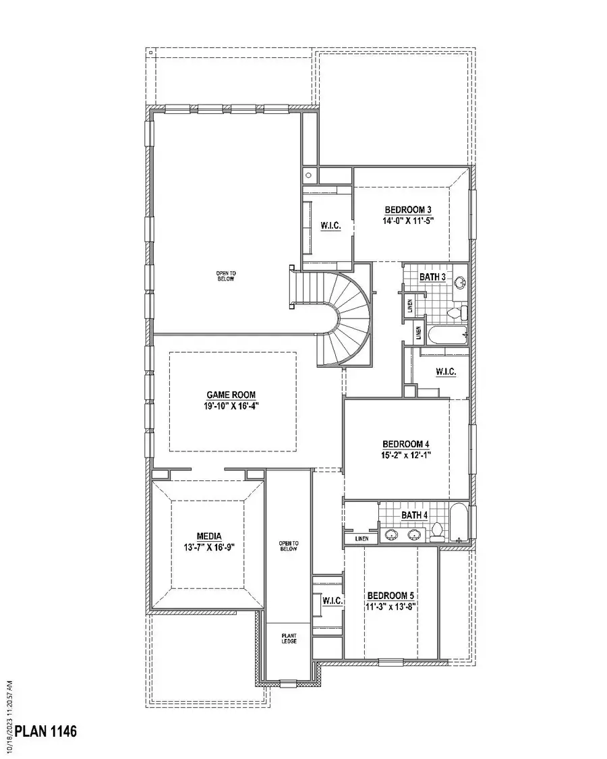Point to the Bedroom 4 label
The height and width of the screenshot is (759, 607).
(x=406, y=444)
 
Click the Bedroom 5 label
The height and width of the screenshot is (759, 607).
(x=391, y=596)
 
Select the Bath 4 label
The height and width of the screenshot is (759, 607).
(x=414, y=515)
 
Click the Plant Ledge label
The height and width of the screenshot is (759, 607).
(x=289, y=639)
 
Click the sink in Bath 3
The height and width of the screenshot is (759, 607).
(x=460, y=283)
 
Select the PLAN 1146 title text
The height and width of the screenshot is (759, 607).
(x=46, y=731)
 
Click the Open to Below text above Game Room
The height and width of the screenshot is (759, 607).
(x=225, y=276)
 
